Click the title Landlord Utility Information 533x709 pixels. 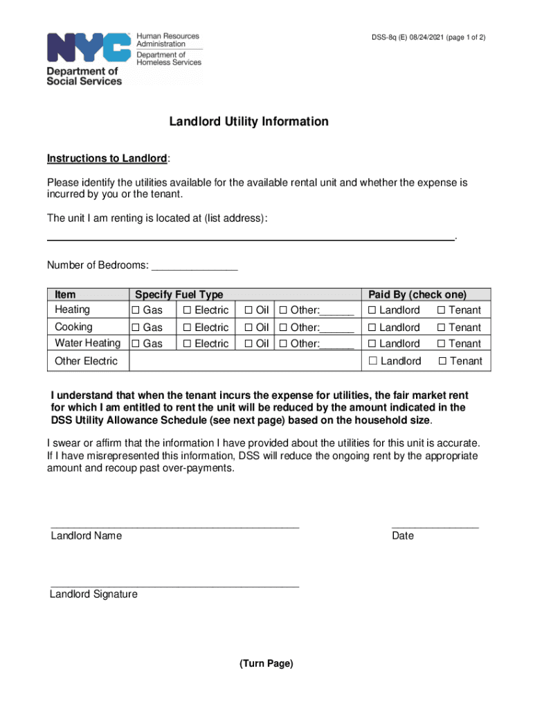tap(249, 122)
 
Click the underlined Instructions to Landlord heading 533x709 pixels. tap(107, 159)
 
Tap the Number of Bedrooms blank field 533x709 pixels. tap(195, 266)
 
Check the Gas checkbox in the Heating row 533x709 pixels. tap(136, 310)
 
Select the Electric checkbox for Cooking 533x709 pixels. tap(187, 327)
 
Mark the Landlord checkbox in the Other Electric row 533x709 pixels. tap(373, 361)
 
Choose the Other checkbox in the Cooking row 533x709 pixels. tap(282, 327)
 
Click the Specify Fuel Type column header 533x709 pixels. tap(179, 294)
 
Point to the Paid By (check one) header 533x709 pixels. tap(417, 294)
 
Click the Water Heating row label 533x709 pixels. tap(87, 343)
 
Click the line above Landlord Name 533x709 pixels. tap(174, 527)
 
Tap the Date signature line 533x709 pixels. tap(435, 527)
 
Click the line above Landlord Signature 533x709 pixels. tap(174, 586)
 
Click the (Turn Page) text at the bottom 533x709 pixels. tap(266, 663)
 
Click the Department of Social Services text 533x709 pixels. tap(84, 76)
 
